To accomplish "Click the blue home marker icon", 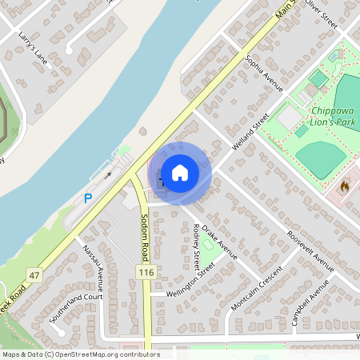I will (x=180, y=173).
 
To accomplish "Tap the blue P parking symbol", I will (x=88, y=198).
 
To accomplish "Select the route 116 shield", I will (x=145, y=274).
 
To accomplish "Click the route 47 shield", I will (x=34, y=275).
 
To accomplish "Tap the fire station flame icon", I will (x=345, y=186).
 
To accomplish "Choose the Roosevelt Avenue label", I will (x=312, y=252).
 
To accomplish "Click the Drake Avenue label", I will (x=219, y=242).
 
